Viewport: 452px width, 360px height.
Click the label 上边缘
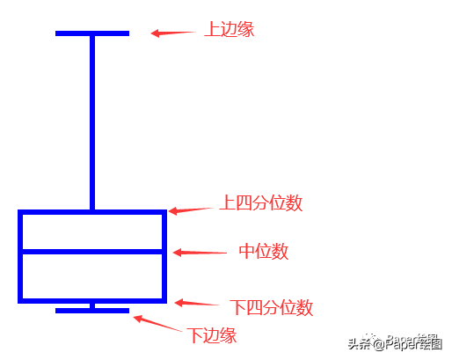click(230, 29)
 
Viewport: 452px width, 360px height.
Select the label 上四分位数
click(261, 202)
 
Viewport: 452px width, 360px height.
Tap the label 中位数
click(264, 252)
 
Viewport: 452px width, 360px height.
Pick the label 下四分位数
click(272, 307)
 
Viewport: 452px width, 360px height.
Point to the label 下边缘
click(212, 335)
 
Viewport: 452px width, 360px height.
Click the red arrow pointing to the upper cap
click(173, 33)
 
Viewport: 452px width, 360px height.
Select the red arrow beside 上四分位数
click(191, 210)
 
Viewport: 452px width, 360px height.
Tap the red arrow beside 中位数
click(200, 253)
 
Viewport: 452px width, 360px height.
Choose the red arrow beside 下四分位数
click(197, 303)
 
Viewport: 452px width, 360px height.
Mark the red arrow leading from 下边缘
click(157, 323)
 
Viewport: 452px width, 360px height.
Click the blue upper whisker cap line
click(92, 33)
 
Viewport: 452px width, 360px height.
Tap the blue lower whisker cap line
click(92, 311)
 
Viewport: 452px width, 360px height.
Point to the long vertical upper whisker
click(92, 122)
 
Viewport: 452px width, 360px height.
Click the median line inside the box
click(92, 252)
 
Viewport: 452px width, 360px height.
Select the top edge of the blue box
click(92, 212)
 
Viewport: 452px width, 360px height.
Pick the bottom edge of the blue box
click(92, 301)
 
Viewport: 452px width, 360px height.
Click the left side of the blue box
click(20, 256)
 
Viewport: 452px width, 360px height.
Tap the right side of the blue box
click(164, 256)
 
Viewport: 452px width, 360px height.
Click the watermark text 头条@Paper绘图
click(395, 342)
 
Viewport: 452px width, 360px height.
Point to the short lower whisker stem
click(92, 305)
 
